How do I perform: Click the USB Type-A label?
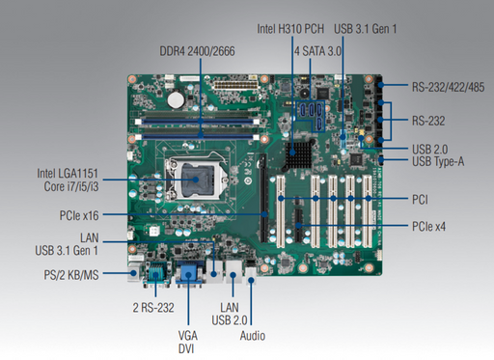coord(438,161)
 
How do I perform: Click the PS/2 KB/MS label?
coord(70,274)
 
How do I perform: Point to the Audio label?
coord(251,336)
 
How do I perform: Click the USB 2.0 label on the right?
coord(430,148)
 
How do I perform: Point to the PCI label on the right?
coord(420,201)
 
